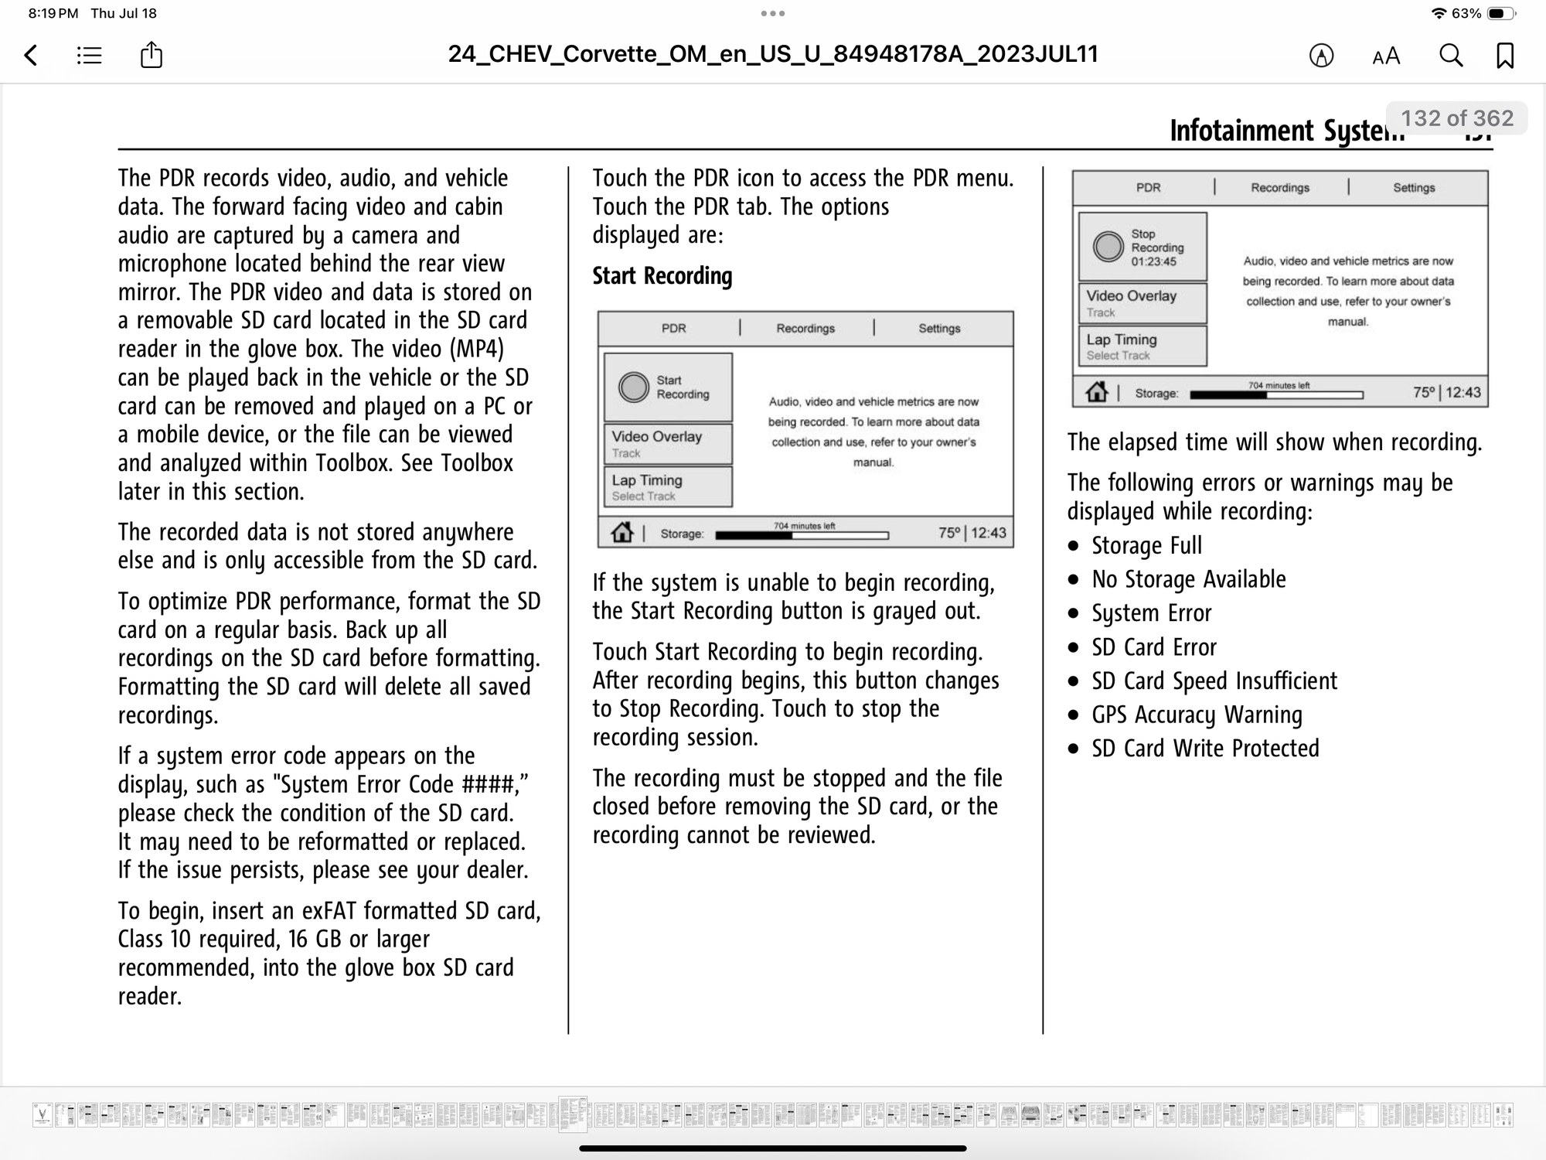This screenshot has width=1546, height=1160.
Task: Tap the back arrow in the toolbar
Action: tap(31, 55)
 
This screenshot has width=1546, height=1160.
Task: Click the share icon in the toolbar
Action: tap(152, 55)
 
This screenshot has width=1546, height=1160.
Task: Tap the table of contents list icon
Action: tap(90, 55)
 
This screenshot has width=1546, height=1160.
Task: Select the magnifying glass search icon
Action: tap(1451, 55)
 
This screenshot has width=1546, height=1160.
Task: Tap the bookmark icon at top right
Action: tap(1505, 55)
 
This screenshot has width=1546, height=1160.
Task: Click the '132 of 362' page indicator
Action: tap(1457, 118)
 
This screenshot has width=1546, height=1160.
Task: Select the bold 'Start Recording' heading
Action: tap(662, 276)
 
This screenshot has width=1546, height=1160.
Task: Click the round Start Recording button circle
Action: tap(634, 387)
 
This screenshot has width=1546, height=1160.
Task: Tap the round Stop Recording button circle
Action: tap(1108, 247)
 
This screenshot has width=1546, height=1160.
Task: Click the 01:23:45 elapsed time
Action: tap(1153, 261)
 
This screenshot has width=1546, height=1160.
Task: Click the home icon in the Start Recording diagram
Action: tap(622, 533)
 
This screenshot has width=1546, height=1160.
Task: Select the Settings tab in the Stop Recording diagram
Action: tap(1414, 187)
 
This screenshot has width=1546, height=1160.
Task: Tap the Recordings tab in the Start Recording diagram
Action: tap(805, 328)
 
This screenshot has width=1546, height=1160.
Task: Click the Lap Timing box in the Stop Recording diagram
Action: tap(1142, 346)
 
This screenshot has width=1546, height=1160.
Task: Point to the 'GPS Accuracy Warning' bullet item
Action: tap(1197, 715)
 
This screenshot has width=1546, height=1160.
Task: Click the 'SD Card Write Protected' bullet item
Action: tap(1205, 749)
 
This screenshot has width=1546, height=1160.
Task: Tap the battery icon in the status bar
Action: tap(1500, 13)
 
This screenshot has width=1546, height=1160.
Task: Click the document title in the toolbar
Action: tap(773, 54)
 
